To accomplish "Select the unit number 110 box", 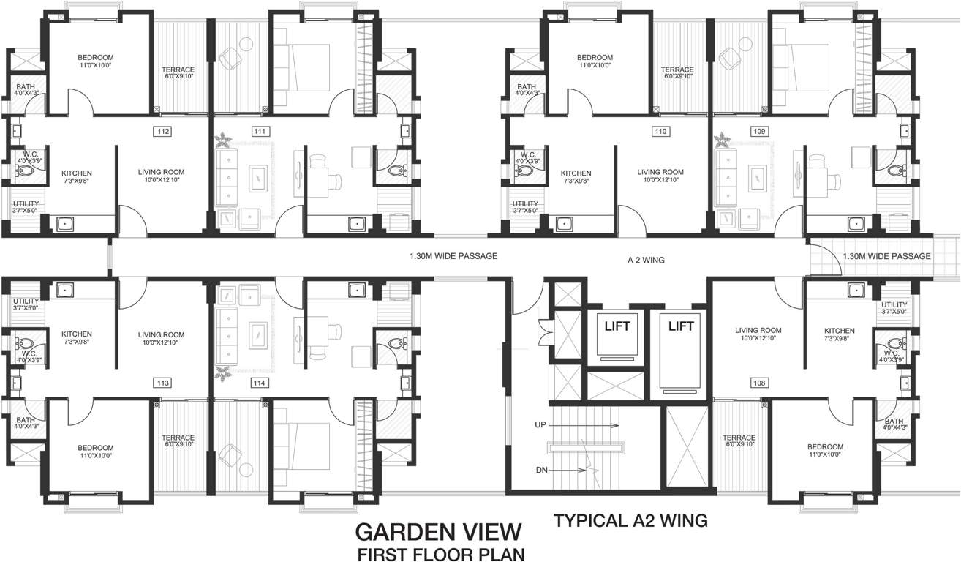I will [x=661, y=132].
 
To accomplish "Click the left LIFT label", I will [x=616, y=326].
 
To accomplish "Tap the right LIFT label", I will [x=680, y=326].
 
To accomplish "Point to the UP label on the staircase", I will [x=540, y=424].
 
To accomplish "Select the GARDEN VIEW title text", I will [x=439, y=531].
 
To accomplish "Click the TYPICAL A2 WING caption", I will [x=630, y=521].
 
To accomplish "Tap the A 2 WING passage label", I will [x=646, y=259].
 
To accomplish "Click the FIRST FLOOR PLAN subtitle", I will [x=440, y=554].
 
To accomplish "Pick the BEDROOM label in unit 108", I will [x=825, y=447].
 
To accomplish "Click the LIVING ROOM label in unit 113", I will [x=161, y=334].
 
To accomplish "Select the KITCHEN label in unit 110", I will [x=576, y=173].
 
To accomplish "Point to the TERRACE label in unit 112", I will [x=177, y=70].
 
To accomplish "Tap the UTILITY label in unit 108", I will [x=894, y=304].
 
